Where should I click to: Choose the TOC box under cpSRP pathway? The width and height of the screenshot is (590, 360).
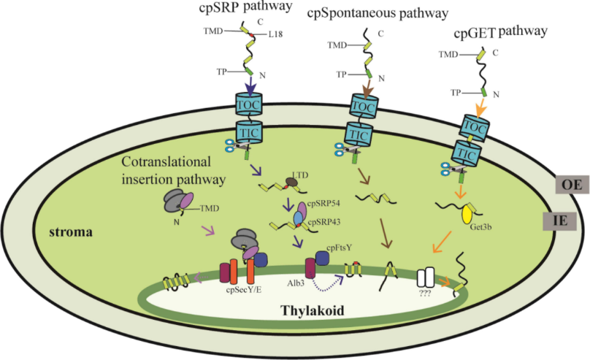[250, 104]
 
